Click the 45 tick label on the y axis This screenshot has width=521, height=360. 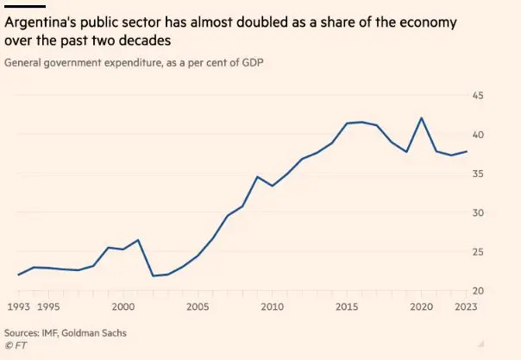pyautogui.click(x=477, y=95)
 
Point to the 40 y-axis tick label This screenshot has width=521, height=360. pyautogui.click(x=477, y=135)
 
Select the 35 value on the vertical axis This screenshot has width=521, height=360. pyautogui.click(x=477, y=174)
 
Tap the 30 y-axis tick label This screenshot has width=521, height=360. pyautogui.click(x=477, y=213)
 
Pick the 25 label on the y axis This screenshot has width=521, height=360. pyautogui.click(x=477, y=252)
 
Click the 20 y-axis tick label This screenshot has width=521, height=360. pyautogui.click(x=477, y=292)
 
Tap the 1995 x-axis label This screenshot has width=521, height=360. pyautogui.click(x=47, y=307)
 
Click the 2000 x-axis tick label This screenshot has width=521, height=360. pyautogui.click(x=123, y=307)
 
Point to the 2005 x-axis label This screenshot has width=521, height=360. pyautogui.click(x=198, y=307)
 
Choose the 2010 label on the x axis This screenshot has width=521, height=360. pyautogui.click(x=272, y=307)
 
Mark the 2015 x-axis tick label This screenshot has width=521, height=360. pyautogui.click(x=347, y=307)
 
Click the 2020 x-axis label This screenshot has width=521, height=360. pyautogui.click(x=421, y=307)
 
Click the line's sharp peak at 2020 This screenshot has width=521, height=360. pyautogui.click(x=421, y=118)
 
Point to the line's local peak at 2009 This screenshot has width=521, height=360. pyautogui.click(x=257, y=177)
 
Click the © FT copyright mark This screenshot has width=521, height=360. pyautogui.click(x=15, y=345)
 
